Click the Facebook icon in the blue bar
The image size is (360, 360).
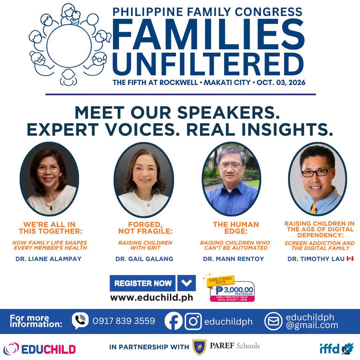tap(174, 321)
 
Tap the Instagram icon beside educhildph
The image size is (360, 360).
tap(193, 321)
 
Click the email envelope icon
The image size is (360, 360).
tap(273, 321)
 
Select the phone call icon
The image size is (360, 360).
tap(80, 321)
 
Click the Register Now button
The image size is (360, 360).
tap(143, 283)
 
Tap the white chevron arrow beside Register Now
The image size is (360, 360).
tap(186, 283)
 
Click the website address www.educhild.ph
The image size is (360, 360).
tap(152, 298)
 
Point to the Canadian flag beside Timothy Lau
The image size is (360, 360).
tap(350, 259)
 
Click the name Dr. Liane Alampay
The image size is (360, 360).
tap(48, 259)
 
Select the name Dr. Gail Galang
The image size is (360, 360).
tap(144, 259)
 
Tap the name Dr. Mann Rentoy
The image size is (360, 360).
tap(233, 259)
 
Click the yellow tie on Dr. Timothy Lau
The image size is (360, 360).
tap(314, 208)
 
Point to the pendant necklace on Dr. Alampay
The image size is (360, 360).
tap(51, 208)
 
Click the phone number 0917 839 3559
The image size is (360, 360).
tap(124, 321)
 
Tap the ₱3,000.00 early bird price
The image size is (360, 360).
tap(234, 290)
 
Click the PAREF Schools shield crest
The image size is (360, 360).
tap(199, 347)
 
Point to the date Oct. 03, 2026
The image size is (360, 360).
tap(281, 82)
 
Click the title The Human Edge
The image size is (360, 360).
tap(236, 228)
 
